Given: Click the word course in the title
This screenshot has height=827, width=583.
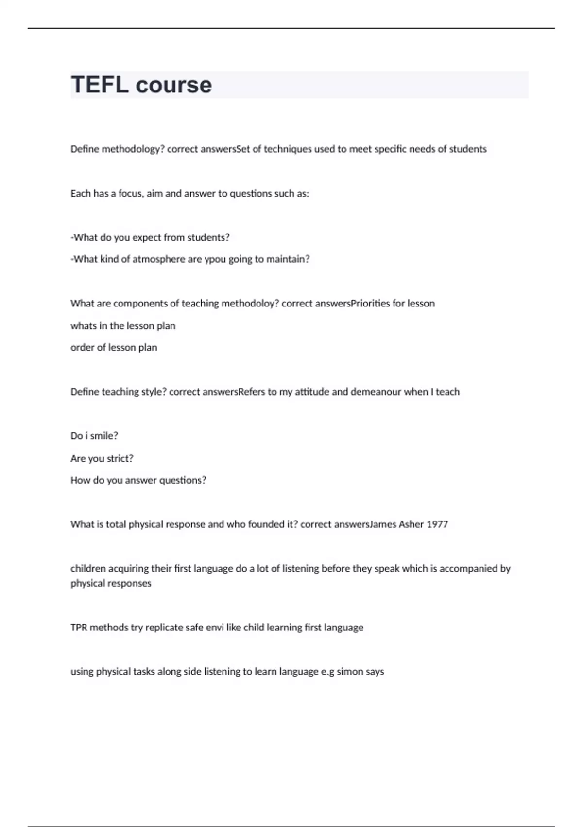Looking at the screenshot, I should coord(174,85).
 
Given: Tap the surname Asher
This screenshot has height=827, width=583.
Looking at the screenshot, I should coord(411,524).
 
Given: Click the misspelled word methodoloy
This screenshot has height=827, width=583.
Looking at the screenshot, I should coord(250,304).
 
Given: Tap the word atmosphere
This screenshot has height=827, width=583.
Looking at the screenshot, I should coord(159,259).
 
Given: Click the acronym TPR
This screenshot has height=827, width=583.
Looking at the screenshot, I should coord(79,628).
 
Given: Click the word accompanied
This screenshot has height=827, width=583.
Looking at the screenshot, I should coord(469,569).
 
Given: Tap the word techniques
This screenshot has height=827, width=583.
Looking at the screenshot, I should coord(287,149).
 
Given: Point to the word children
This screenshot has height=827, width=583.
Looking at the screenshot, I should coord(88,569).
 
